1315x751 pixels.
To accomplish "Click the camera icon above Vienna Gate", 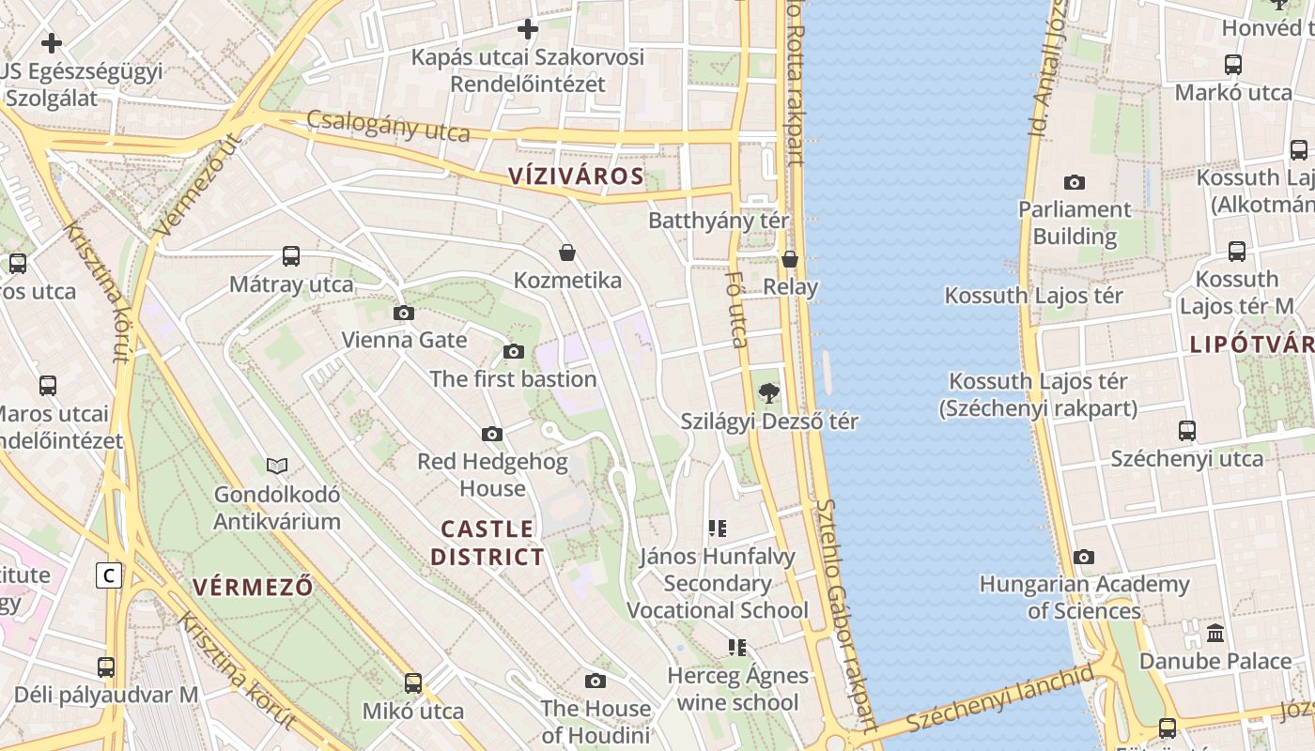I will point(404,313).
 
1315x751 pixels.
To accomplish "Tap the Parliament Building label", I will point(1075,222).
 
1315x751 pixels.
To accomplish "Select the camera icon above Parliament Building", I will point(1075,182).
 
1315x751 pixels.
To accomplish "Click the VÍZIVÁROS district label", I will point(576,176).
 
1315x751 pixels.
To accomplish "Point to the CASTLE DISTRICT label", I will point(487,543).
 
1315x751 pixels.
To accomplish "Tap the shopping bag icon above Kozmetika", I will point(567,253).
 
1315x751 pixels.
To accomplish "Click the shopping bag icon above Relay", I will point(790,259).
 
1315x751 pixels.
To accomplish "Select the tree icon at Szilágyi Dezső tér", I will point(769,393).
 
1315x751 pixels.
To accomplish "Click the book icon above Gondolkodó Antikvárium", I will point(277,466).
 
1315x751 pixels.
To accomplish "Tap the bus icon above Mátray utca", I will point(291,256).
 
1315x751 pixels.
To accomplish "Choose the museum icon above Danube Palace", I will point(1215,633).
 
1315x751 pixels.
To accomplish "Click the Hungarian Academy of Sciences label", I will point(1084,598).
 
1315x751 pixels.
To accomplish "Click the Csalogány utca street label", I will point(388,126).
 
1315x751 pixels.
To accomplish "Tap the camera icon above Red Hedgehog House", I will point(492,434).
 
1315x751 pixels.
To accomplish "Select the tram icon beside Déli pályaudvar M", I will point(106,667).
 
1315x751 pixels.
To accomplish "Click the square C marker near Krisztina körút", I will point(109,575).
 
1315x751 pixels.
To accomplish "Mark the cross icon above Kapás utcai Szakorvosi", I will point(529,29).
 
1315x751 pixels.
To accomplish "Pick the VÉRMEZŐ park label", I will point(253,588).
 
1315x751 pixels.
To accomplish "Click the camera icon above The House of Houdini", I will point(596,681).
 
